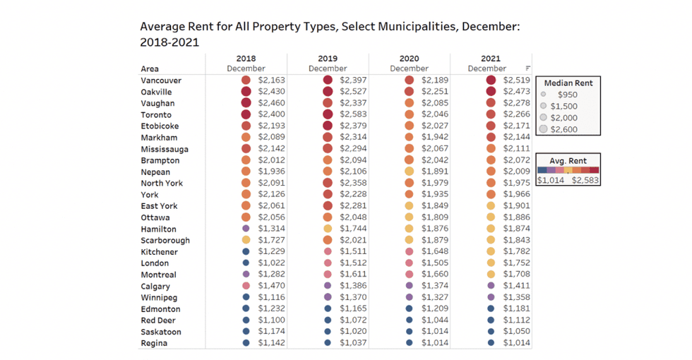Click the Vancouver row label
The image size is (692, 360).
click(162, 80)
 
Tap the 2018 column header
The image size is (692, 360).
click(246, 59)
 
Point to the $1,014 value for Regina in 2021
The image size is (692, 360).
click(518, 343)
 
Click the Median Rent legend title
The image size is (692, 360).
click(568, 83)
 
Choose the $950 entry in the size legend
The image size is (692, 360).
click(568, 94)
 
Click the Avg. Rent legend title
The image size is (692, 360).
click(568, 160)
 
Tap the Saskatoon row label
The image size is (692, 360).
click(161, 332)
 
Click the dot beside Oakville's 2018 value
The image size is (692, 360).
click(246, 92)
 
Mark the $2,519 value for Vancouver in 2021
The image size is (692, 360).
click(518, 80)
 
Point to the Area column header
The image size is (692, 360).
click(150, 69)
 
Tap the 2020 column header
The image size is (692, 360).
click(409, 59)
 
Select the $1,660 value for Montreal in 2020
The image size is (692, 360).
click(436, 275)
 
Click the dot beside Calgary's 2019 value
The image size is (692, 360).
click(328, 286)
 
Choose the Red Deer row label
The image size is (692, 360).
click(158, 320)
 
